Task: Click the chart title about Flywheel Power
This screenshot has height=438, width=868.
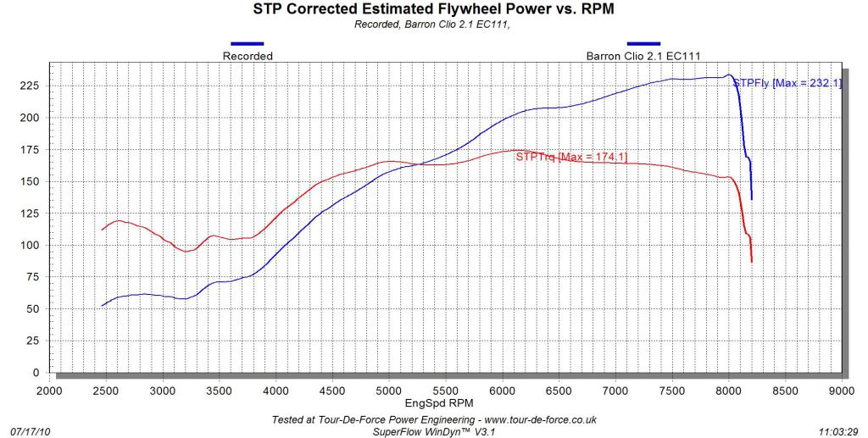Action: (433, 9)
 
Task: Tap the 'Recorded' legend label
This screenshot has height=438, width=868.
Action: (248, 56)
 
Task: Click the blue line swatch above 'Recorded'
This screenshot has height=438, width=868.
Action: (248, 43)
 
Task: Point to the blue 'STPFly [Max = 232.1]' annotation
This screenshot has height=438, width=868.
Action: (787, 83)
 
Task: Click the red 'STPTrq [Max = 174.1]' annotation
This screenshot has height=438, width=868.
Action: (571, 157)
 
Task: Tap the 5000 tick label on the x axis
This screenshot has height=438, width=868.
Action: (388, 391)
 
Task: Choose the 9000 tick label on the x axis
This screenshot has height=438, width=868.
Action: (841, 391)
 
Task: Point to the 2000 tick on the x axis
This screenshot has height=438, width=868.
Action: (49, 391)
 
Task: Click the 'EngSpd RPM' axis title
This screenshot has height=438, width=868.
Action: (432, 404)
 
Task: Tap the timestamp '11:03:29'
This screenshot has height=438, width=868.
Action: (840, 430)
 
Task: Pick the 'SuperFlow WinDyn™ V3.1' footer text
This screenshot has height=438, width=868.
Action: (432, 430)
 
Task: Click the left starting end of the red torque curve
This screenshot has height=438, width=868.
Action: (103, 230)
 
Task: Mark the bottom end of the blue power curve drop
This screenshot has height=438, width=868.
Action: (752, 199)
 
